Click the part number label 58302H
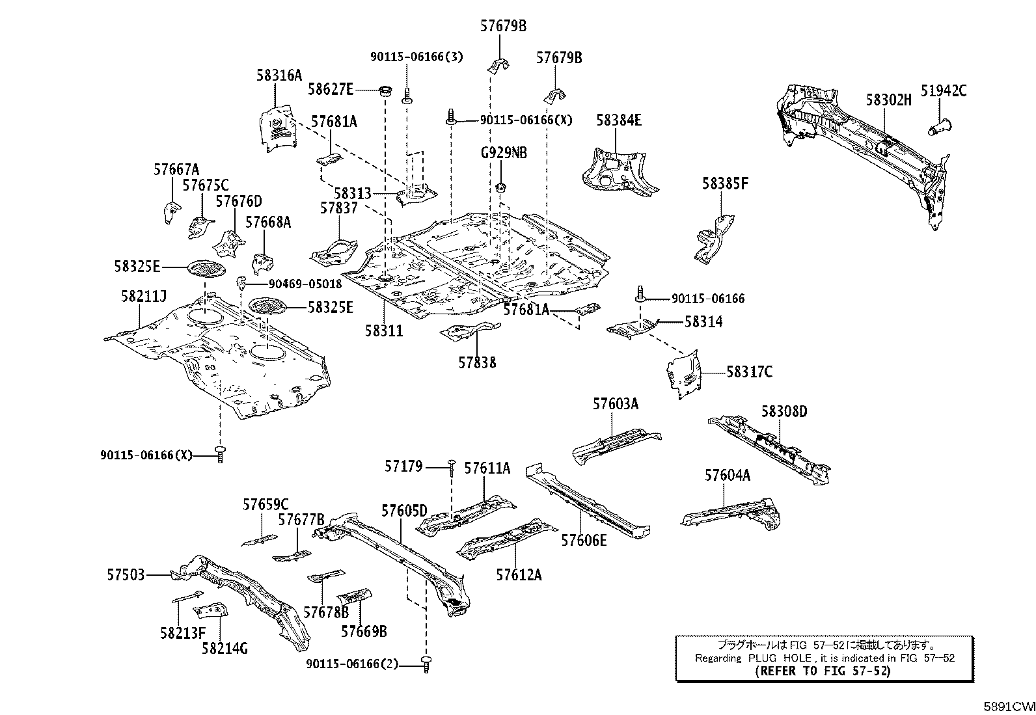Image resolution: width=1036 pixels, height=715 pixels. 888,100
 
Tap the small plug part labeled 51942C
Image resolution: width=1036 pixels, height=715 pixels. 937,126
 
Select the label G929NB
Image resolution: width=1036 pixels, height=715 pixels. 504,154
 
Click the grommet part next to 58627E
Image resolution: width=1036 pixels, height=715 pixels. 385,90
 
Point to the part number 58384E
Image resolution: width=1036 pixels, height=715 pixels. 619,120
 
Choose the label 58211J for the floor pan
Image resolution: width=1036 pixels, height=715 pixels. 143,297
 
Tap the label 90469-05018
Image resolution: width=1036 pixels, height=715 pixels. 305,284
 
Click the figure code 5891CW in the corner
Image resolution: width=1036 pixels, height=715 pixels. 1008,706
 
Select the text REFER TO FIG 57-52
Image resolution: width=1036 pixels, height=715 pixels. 823,671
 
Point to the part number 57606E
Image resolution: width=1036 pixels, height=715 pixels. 584,539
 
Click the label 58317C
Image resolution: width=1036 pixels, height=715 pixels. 749,372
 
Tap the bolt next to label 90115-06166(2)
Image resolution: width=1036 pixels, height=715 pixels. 427,664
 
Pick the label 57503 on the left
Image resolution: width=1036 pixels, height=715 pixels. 126,575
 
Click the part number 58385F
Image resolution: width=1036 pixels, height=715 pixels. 725,184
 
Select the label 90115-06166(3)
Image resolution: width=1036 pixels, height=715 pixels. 416,57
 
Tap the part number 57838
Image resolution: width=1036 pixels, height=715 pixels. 476,362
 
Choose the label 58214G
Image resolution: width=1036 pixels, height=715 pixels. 225,648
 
